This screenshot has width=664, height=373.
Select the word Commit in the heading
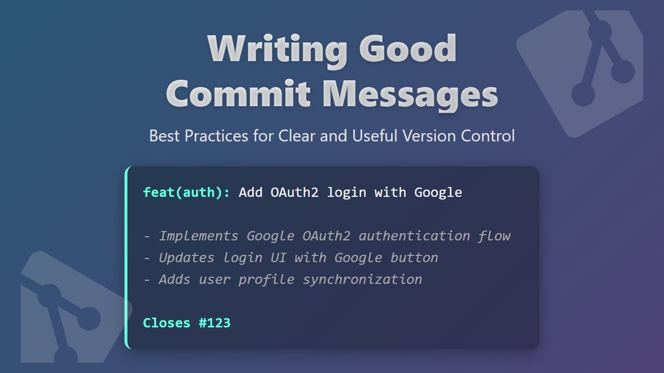point(238,95)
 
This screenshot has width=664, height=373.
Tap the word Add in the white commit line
point(251,193)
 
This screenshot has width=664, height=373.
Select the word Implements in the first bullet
point(199,236)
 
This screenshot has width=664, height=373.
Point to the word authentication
point(414,236)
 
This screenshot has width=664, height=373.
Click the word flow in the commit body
point(494,236)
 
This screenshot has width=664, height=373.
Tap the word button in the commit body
point(414,258)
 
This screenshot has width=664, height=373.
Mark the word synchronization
point(363,280)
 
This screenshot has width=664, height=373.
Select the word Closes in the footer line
point(167,323)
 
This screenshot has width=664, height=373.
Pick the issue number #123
point(215,323)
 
